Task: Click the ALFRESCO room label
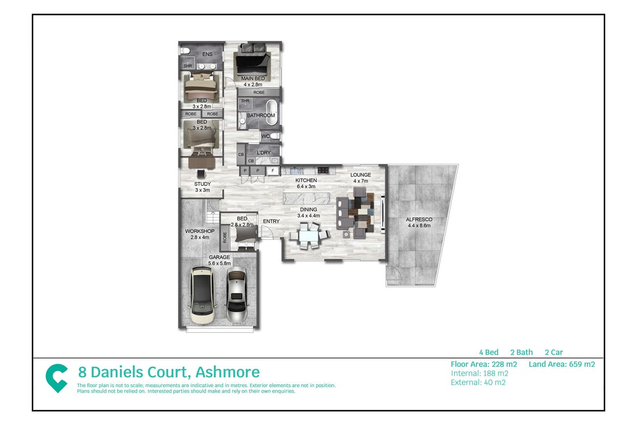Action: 419,219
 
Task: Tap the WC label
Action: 265,136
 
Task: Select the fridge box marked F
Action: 273,171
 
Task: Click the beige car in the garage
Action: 202,295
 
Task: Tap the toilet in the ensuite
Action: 185,51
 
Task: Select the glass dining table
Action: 309,236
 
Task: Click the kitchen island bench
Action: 307,198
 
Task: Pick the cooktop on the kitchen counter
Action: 323,170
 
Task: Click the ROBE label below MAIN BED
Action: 259,92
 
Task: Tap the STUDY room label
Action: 202,184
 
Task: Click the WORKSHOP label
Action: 199,231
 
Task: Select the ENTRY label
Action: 271,221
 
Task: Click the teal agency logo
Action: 57,378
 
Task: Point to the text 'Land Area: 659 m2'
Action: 562,364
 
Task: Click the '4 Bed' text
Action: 489,353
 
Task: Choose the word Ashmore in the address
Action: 228,372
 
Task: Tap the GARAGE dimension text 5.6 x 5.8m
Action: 219,263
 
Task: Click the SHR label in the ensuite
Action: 188,66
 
